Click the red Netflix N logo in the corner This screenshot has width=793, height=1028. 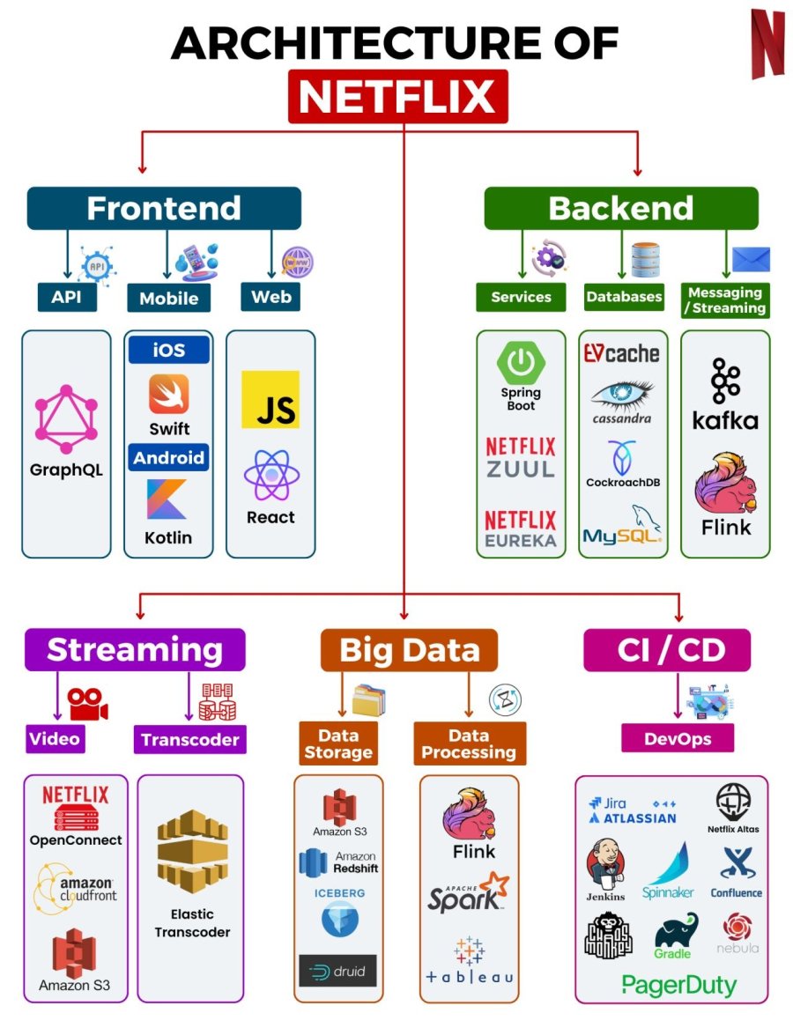(x=767, y=43)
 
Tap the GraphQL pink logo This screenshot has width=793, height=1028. (x=66, y=413)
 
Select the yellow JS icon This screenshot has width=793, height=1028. (x=271, y=399)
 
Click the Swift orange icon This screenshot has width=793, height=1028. (x=168, y=394)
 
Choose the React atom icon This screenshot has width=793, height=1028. (x=271, y=475)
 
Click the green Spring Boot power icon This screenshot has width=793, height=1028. (x=521, y=362)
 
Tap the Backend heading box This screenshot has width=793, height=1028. (x=620, y=208)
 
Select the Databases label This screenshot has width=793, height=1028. (x=624, y=297)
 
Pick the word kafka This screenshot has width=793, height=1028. (x=725, y=420)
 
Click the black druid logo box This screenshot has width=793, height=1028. (x=337, y=971)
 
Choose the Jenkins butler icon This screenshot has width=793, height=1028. (x=605, y=864)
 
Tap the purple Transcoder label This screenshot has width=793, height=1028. (x=190, y=740)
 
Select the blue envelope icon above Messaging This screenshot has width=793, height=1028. (x=751, y=259)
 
